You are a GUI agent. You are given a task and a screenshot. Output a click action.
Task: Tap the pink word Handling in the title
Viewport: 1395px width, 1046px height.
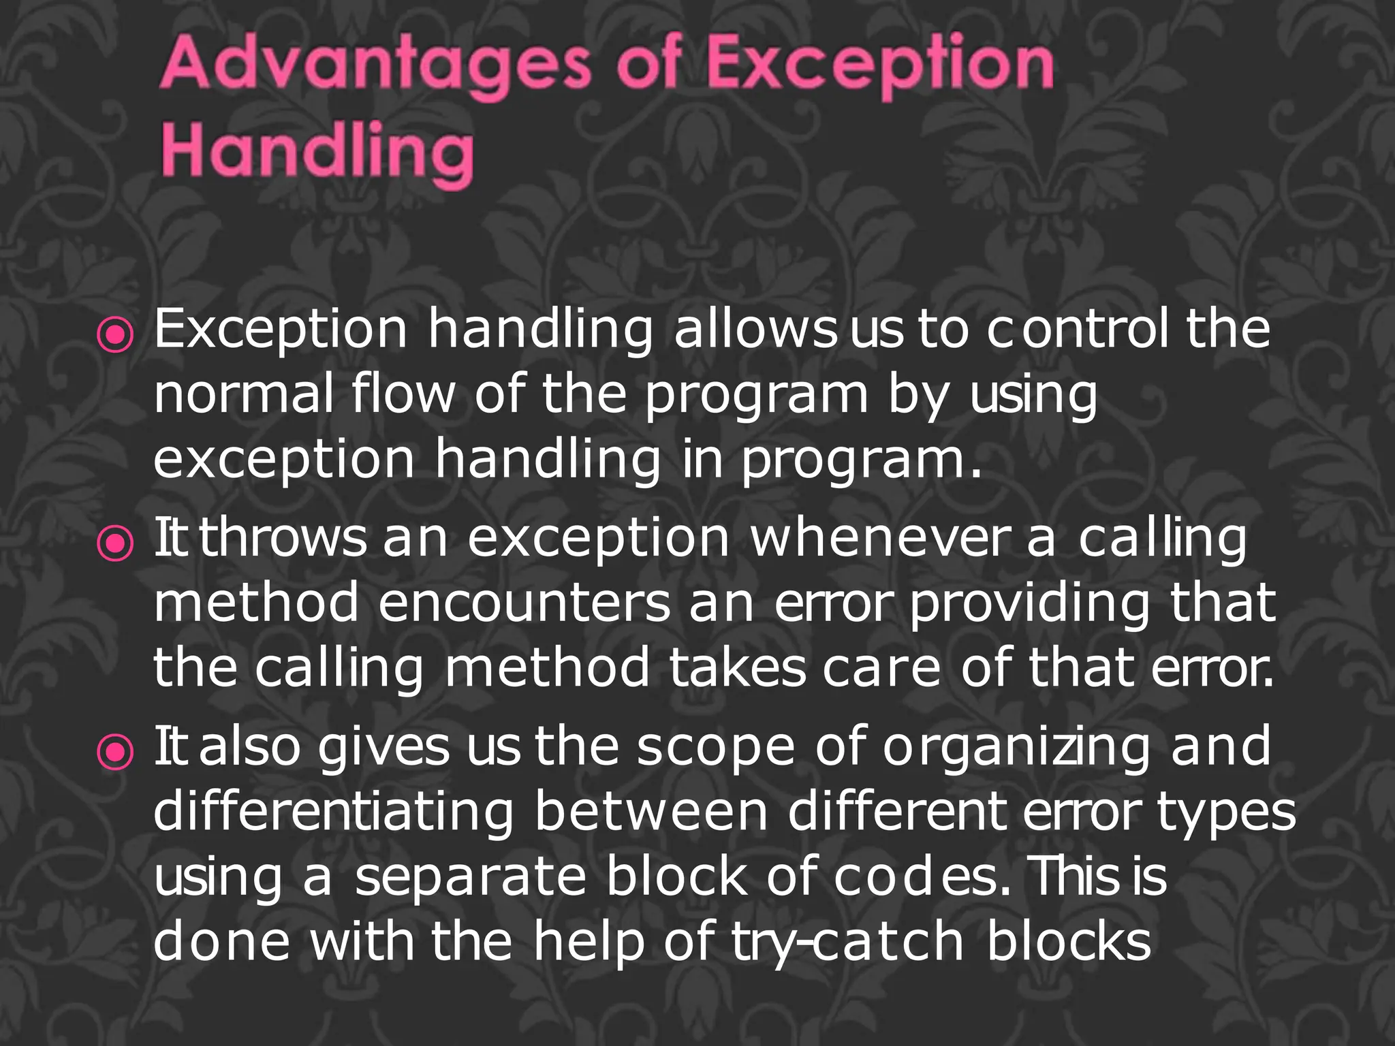click(x=317, y=151)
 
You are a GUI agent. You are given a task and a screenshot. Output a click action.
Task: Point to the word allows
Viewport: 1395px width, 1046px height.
click(x=755, y=329)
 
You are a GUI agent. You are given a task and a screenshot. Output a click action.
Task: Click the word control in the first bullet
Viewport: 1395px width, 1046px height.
click(x=1078, y=329)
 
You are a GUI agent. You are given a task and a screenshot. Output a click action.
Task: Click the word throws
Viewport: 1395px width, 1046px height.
click(x=283, y=538)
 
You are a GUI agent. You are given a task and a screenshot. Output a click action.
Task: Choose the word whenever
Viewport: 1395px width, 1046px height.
click(x=879, y=538)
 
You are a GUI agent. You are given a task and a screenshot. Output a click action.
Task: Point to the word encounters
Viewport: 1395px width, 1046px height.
click(x=524, y=603)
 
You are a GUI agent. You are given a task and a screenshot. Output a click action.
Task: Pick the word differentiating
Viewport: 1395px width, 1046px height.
click(x=334, y=812)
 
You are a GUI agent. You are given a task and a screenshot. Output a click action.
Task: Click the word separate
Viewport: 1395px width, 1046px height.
click(x=471, y=878)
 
